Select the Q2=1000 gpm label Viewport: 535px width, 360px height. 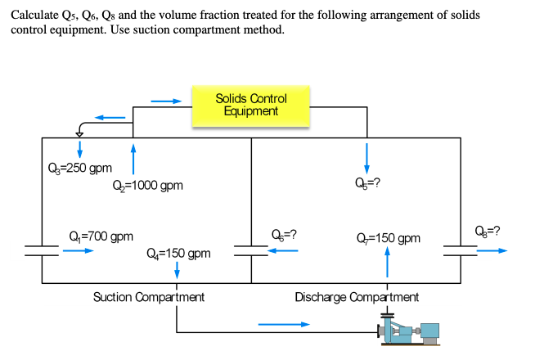point(148,186)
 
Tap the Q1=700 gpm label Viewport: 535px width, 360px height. point(101,236)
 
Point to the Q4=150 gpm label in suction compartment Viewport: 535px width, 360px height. point(179,253)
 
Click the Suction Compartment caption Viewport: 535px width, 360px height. point(149,296)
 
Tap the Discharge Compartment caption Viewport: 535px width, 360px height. point(357,296)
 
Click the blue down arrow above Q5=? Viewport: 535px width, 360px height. point(366,157)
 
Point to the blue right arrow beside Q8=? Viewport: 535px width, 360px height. point(492,250)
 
